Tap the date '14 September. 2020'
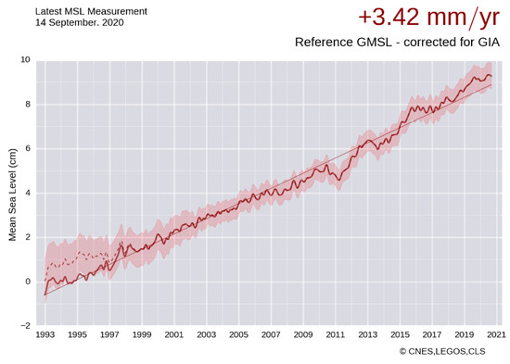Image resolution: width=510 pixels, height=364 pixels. (x=56, y=21)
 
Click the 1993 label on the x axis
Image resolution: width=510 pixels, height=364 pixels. (x=45, y=335)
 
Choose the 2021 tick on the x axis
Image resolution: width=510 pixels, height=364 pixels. (x=495, y=335)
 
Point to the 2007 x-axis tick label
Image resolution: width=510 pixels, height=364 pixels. (x=271, y=335)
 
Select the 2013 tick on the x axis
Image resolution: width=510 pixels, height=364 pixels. (x=367, y=335)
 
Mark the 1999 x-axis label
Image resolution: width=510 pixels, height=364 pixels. (x=142, y=335)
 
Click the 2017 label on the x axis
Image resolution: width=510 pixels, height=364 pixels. (x=431, y=335)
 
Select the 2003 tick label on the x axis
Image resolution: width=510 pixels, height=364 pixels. (x=206, y=335)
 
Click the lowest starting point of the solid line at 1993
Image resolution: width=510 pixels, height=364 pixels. (x=45, y=295)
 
